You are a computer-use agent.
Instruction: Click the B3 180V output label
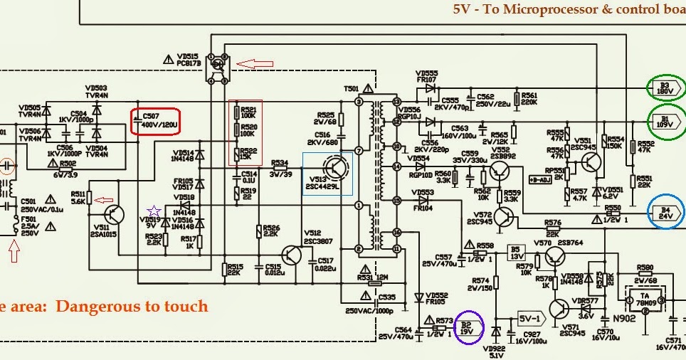pos(665,88)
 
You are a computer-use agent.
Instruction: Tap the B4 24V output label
pos(666,212)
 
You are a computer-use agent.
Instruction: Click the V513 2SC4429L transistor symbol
pos(337,170)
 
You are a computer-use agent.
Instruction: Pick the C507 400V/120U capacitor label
pos(157,122)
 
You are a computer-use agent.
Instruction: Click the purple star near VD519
pos(153,211)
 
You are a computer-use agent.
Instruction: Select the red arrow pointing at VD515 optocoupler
pos(254,64)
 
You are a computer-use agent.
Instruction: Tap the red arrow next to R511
pos(102,200)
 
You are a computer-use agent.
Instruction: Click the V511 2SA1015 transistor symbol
pos(114,213)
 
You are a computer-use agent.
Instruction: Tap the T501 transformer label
pos(352,90)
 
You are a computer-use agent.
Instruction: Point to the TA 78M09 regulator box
pos(644,297)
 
